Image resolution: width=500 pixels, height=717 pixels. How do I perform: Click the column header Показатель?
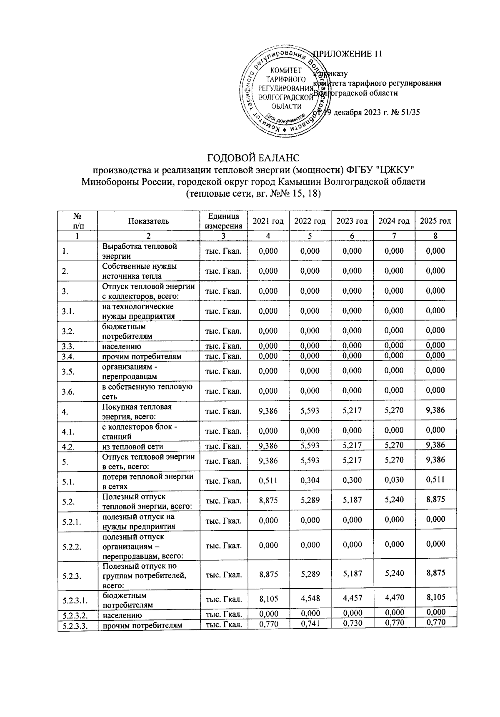(x=149, y=221)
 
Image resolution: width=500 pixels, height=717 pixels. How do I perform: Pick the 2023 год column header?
(x=352, y=221)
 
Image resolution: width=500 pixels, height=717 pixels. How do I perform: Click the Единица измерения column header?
(x=223, y=221)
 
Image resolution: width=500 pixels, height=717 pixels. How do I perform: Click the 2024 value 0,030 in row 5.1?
(x=394, y=480)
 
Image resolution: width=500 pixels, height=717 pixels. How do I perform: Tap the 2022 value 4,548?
(x=310, y=598)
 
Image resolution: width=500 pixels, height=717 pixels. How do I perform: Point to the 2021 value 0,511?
(x=268, y=480)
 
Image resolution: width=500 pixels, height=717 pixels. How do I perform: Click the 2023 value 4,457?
(x=352, y=598)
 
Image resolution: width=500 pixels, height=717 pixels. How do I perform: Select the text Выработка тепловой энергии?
(x=140, y=251)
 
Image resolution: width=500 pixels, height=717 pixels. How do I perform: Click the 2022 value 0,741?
(x=310, y=624)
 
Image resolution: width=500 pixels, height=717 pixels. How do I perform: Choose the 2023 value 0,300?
(x=352, y=480)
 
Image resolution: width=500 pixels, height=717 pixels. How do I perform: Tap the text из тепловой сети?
(x=132, y=447)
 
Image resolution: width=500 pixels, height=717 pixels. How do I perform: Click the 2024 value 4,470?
(x=394, y=598)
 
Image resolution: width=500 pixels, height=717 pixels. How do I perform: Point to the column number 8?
(x=435, y=236)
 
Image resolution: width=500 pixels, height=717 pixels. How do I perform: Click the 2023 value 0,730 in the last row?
(x=352, y=623)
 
